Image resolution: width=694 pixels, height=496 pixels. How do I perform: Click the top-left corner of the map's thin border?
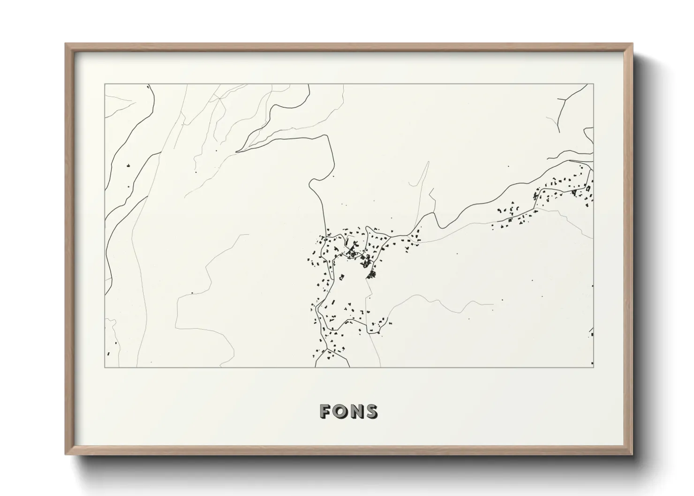105,84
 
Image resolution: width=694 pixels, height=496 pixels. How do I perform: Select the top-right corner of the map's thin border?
593,84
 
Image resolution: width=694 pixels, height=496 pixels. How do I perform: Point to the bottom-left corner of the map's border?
105,367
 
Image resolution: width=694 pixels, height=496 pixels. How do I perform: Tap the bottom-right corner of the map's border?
593,367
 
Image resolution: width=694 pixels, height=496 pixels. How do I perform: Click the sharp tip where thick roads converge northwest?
237,151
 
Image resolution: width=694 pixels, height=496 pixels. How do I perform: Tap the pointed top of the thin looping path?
428,162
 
